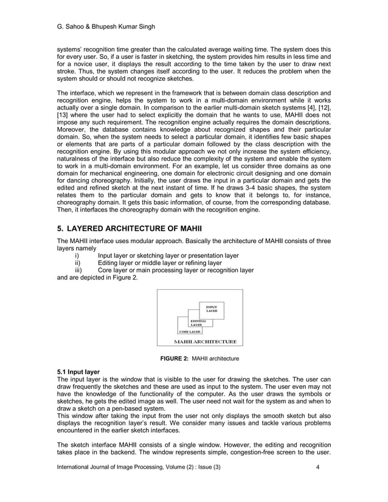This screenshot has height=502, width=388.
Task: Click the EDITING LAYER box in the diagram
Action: (198, 323)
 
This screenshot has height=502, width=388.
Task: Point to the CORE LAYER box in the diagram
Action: (190, 332)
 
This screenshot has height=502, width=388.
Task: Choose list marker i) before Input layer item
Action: (76, 255)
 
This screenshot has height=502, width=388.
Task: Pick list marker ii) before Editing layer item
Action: (77, 263)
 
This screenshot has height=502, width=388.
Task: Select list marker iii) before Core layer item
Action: (77, 271)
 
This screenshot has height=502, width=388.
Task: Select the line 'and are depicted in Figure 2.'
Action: (97, 278)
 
